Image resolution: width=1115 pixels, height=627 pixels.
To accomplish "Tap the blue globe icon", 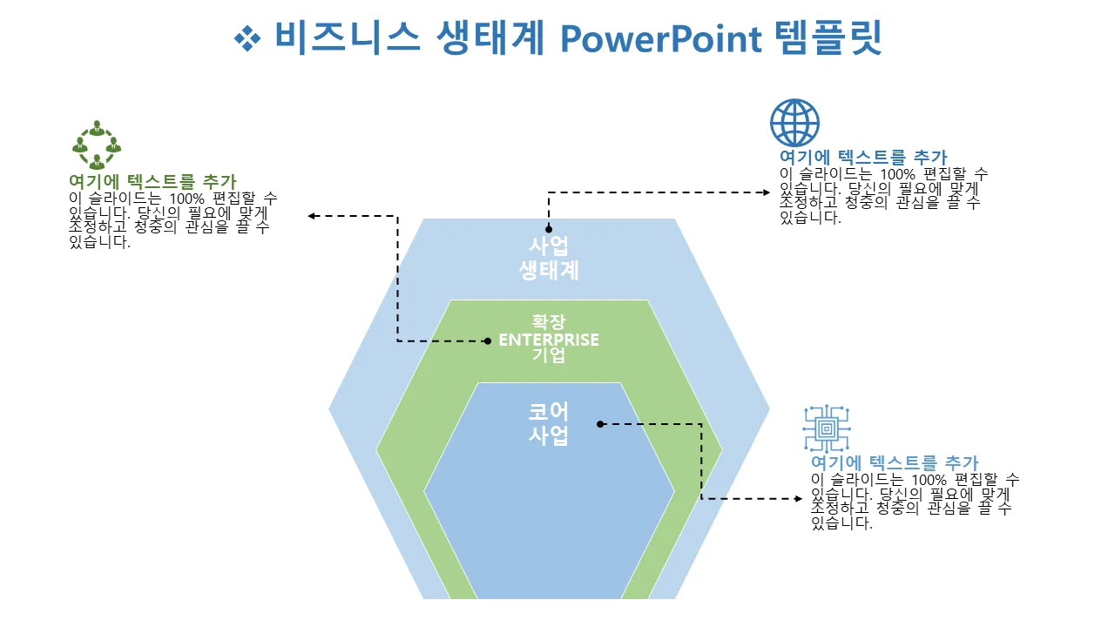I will (794, 123).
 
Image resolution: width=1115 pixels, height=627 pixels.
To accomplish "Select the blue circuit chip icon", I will (826, 428).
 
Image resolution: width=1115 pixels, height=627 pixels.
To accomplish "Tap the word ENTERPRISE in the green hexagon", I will (549, 340).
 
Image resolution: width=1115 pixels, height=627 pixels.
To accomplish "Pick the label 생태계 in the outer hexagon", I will (549, 270).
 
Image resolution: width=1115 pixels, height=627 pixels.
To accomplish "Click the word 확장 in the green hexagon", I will (549, 322).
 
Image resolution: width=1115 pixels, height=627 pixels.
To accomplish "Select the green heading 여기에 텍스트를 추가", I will (152, 181).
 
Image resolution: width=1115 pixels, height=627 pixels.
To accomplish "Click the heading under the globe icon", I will (863, 157).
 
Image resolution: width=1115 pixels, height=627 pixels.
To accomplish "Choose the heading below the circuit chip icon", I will (895, 462).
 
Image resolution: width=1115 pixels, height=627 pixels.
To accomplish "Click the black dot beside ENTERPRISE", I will (488, 340).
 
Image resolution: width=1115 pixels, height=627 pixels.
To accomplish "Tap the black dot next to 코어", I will (600, 424).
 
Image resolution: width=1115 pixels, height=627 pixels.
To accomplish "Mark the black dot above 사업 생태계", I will (549, 229).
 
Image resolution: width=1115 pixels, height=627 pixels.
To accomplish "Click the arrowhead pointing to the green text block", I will (312, 216).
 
